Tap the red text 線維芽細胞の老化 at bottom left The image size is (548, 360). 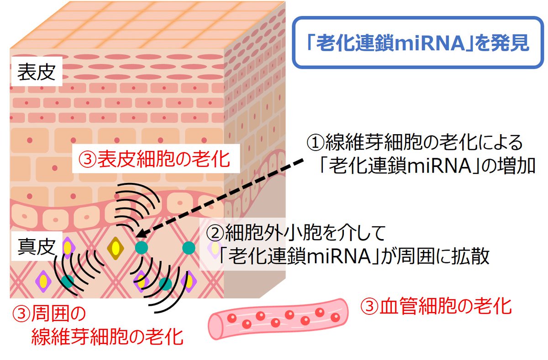coord(107,338)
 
